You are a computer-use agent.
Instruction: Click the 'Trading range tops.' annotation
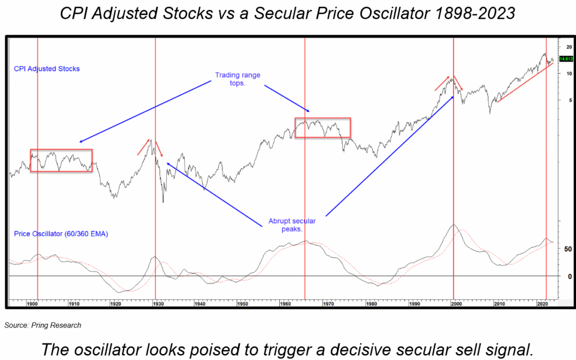pyautogui.click(x=237, y=79)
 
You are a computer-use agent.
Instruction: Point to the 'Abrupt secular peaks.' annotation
pyautogui.click(x=292, y=225)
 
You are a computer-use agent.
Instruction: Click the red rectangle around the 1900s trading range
pyautogui.click(x=61, y=149)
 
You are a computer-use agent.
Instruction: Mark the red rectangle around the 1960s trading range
pyautogui.click(x=323, y=118)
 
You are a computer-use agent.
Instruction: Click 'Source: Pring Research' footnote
pyautogui.click(x=43, y=325)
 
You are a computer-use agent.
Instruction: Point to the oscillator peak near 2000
pyautogui.click(x=454, y=225)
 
